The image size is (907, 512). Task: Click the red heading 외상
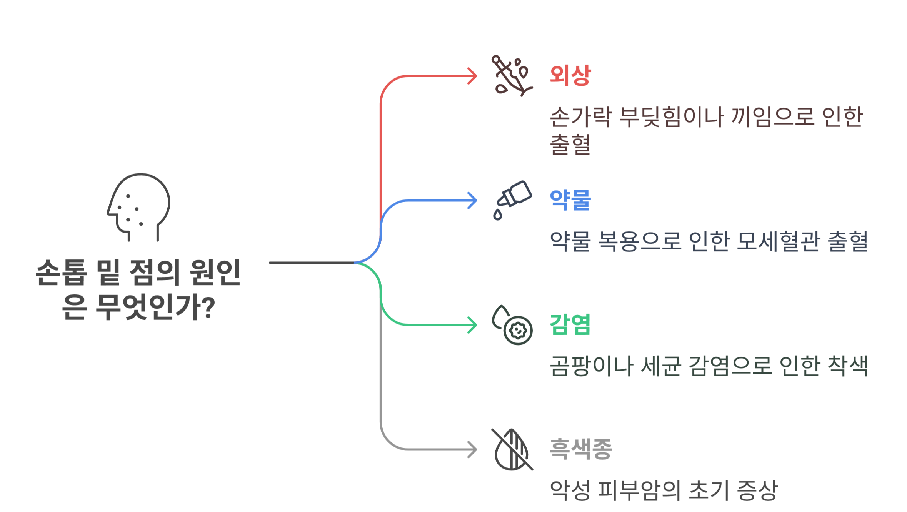(570, 75)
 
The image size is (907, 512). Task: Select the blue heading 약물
(570, 200)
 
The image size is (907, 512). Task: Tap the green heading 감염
(570, 324)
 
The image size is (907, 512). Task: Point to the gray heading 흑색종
(580, 449)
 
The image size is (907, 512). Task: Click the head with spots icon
(139, 207)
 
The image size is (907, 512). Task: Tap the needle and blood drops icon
(512, 76)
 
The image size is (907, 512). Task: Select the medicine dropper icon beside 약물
(512, 200)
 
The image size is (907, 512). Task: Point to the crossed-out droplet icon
(512, 449)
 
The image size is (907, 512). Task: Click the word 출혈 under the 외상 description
(570, 145)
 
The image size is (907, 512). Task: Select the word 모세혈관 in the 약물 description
(779, 241)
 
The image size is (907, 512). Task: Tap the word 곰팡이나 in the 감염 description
(591, 366)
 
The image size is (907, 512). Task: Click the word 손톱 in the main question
(61, 272)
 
